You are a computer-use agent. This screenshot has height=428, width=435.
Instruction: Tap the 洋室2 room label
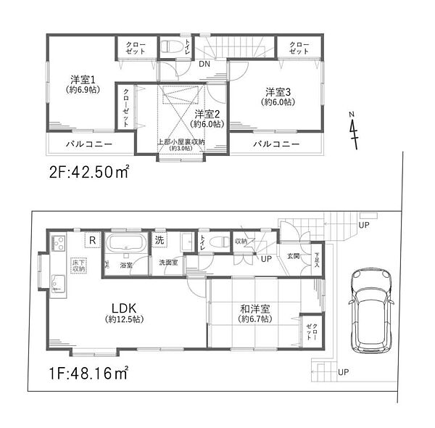pos(207,114)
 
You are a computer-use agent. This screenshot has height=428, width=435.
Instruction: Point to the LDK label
pos(121,308)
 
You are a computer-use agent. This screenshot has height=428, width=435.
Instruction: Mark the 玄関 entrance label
pos(293,255)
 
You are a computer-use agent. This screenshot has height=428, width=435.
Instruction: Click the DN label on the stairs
pos(205,63)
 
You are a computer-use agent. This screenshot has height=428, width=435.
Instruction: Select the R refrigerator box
pos(93,239)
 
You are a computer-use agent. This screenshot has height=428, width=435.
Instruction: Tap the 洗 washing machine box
pos(159,239)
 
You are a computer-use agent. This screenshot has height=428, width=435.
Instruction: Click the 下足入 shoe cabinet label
pos(316,260)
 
